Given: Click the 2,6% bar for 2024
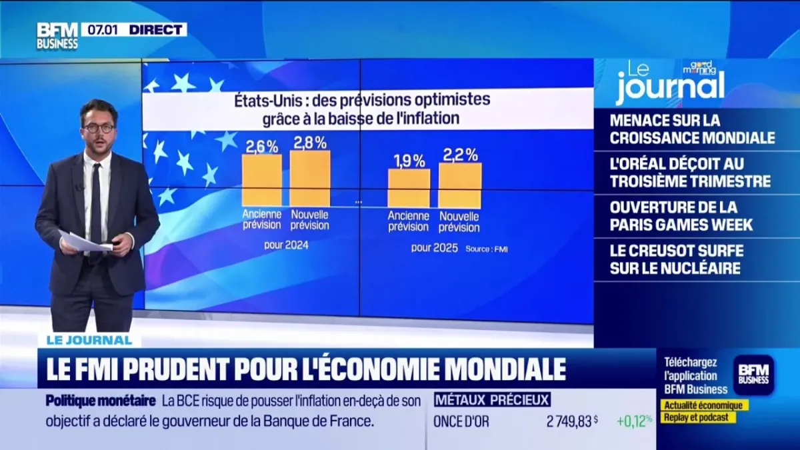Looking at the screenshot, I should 261,180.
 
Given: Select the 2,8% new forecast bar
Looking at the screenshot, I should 309,178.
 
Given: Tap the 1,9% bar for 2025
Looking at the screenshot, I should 409,187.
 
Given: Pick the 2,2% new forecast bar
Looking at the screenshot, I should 459,185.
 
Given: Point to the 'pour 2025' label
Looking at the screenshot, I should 434,248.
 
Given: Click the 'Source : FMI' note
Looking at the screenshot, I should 482,249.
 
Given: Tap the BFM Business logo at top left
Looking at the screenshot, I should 57,35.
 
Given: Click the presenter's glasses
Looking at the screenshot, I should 99,127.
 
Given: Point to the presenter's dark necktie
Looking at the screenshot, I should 96,200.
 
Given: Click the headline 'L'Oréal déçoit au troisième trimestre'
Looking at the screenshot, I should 690,172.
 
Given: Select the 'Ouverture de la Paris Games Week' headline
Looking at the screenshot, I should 681,215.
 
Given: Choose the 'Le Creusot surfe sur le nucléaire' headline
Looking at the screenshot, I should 676,259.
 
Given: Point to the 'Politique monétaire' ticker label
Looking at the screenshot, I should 101,401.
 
